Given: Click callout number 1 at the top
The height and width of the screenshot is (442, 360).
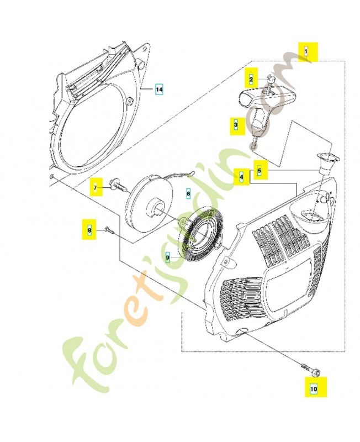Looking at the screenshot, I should pos(306,51).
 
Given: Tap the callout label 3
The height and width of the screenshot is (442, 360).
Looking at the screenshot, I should pos(236,125).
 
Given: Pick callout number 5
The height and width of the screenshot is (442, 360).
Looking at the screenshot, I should pos(260,171).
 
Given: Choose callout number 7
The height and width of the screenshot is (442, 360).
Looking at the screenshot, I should pos(95,188).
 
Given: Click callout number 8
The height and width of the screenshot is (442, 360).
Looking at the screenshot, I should pos(88,228).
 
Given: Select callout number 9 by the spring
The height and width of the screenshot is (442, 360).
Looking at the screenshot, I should pos(168,257).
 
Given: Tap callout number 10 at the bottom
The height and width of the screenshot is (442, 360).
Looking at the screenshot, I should pos(314,388).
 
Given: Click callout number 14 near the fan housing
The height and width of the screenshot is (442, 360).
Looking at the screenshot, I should pos(159,89).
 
